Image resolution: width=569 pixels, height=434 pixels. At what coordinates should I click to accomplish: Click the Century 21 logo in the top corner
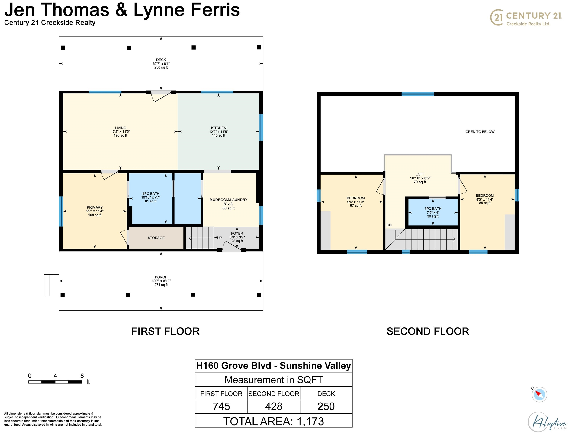click(526, 18)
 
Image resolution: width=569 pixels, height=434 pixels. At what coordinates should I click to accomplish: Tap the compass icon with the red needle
click(539, 394)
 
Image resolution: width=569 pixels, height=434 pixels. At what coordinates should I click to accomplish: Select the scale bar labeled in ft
click(55, 382)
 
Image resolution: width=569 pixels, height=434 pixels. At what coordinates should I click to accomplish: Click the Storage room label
click(156, 238)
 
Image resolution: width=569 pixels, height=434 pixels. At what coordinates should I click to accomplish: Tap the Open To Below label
click(480, 132)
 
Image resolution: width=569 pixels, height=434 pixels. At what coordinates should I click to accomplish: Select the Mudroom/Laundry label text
click(228, 200)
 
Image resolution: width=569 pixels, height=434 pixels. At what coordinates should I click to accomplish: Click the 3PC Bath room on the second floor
click(433, 212)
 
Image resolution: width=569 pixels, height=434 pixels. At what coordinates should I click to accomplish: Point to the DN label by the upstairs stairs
click(389, 225)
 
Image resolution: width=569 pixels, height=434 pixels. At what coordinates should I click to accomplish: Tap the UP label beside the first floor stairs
click(219, 238)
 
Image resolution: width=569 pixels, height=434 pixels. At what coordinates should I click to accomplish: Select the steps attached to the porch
click(51, 285)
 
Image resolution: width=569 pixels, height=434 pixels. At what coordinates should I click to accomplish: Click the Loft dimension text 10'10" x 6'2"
click(420, 178)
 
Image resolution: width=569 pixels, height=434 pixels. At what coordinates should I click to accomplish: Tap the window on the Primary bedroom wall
click(61, 211)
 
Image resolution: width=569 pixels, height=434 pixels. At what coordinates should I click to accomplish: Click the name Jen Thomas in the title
click(57, 10)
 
